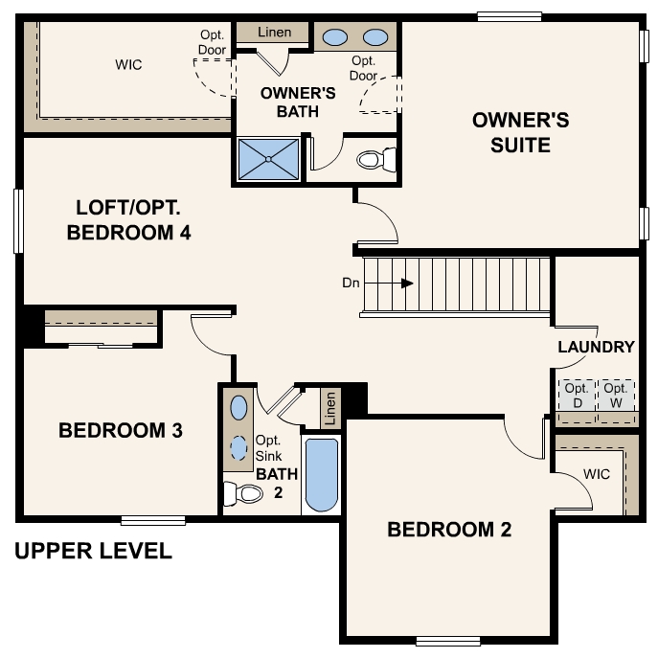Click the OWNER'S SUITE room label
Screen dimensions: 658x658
click(520, 132)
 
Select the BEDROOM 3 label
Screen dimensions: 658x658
click(121, 431)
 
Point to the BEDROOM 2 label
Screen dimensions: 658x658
click(449, 530)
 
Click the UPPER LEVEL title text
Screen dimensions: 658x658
click(94, 552)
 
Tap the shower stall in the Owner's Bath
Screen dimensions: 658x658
click(267, 159)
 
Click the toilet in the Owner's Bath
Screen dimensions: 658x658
click(374, 159)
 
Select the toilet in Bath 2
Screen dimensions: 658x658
click(244, 494)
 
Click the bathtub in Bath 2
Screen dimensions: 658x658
click(321, 475)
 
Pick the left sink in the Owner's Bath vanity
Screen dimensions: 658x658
click(334, 37)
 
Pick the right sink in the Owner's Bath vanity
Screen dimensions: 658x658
click(375, 37)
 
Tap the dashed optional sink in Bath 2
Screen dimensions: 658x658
click(238, 447)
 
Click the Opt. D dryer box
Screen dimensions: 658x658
click(576, 395)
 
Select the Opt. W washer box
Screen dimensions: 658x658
click(615, 395)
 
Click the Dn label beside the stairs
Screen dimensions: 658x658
click(351, 284)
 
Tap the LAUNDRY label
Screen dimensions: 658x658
click(596, 347)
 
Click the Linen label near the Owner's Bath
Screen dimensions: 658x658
click(275, 33)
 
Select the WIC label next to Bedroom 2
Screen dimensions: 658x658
click(596, 474)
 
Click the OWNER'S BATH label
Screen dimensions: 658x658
click(298, 102)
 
